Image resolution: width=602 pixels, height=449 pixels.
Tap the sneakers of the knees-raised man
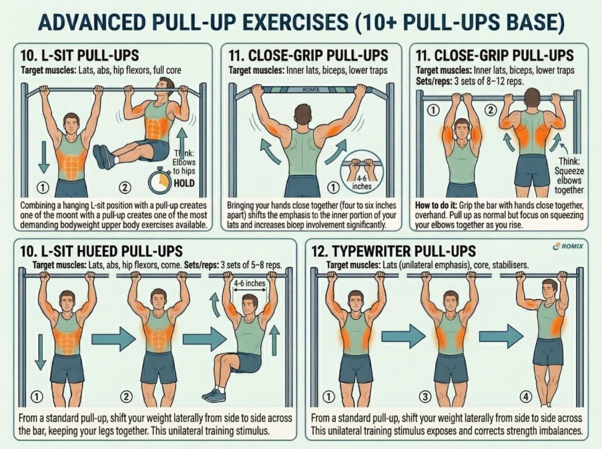(x=215, y=393)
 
